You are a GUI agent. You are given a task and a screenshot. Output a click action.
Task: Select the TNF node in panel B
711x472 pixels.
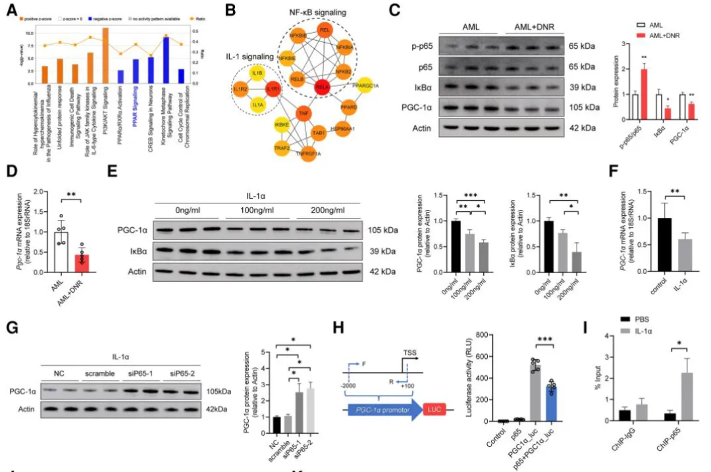pos(305,114)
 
